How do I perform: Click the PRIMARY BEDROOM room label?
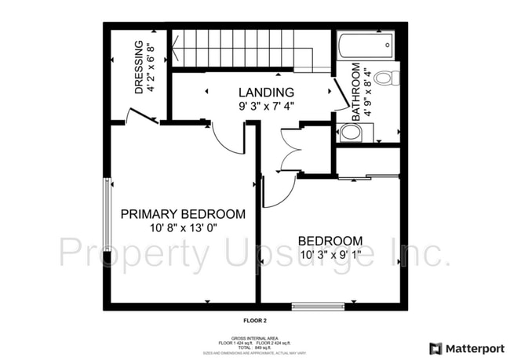tap(182, 213)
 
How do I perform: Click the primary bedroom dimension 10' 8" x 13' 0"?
tap(182, 227)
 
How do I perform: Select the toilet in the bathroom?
tap(385, 78)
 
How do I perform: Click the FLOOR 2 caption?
tap(255, 321)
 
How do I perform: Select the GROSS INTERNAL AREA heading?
tap(255, 338)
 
